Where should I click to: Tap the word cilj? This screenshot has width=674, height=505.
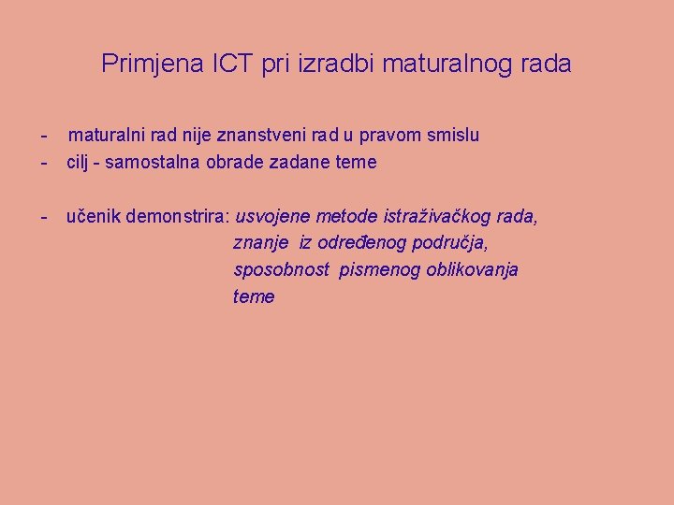coord(81,163)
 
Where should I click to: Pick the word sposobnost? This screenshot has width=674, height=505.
coord(282,270)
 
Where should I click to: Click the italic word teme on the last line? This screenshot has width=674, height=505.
coord(254,297)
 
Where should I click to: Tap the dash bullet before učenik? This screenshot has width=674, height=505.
coord(45,217)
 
